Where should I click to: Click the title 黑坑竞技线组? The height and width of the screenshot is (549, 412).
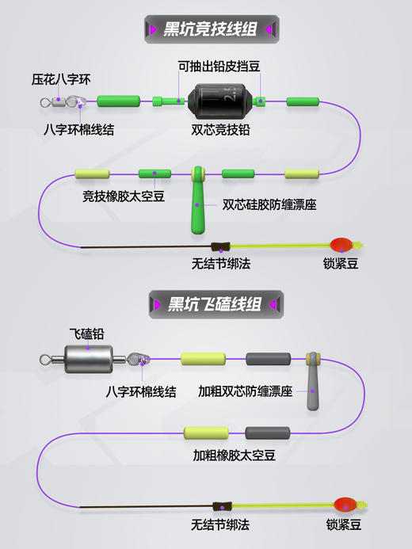pyautogui.click(x=209, y=30)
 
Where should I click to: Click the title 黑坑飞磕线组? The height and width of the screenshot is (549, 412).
pyautogui.click(x=214, y=304)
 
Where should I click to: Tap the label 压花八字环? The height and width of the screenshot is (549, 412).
pyautogui.click(x=62, y=80)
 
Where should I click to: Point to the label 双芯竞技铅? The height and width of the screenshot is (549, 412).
pyautogui.click(x=220, y=129)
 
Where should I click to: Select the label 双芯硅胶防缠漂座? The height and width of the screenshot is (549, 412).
pyautogui.click(x=269, y=204)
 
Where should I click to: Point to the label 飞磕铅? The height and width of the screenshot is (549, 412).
pyautogui.click(x=86, y=335)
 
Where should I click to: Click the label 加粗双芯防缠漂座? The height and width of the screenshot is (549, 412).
pyautogui.click(x=246, y=391)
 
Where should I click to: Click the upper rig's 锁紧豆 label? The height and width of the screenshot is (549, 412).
pyautogui.click(x=341, y=264)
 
